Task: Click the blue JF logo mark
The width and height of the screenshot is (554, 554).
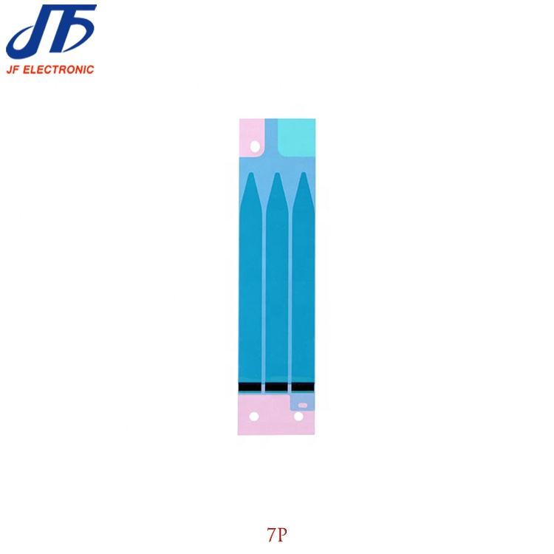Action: [x=51, y=32]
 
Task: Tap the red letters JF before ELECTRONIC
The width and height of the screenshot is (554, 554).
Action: [x=13, y=69]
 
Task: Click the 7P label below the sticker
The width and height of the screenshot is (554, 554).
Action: [x=277, y=536]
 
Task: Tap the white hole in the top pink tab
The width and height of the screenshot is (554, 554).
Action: [x=254, y=146]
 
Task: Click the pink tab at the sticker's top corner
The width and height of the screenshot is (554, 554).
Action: [x=252, y=138]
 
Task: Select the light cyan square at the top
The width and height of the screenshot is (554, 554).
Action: [x=296, y=137]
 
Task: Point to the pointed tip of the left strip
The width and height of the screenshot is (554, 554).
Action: [x=251, y=173]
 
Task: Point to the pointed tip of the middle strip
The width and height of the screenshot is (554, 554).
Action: [x=277, y=173]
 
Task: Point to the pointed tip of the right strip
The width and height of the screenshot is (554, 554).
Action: [x=303, y=173]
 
